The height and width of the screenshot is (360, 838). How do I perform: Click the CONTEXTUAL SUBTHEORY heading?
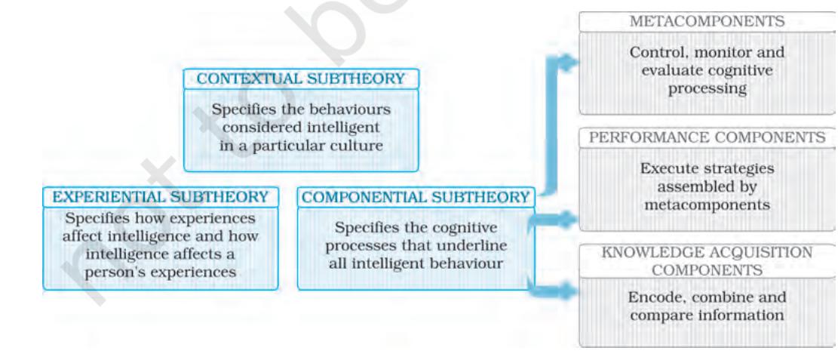[301, 79]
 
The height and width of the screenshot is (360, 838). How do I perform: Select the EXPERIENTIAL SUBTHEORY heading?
[161, 197]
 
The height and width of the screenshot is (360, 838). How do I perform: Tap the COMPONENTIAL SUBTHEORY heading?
[416, 198]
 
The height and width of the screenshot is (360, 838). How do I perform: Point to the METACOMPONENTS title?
[707, 22]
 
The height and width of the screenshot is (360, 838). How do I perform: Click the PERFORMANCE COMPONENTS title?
[707, 137]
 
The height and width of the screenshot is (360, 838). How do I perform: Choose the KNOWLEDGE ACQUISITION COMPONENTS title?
[707, 261]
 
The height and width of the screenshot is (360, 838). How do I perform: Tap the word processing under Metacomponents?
[707, 88]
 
